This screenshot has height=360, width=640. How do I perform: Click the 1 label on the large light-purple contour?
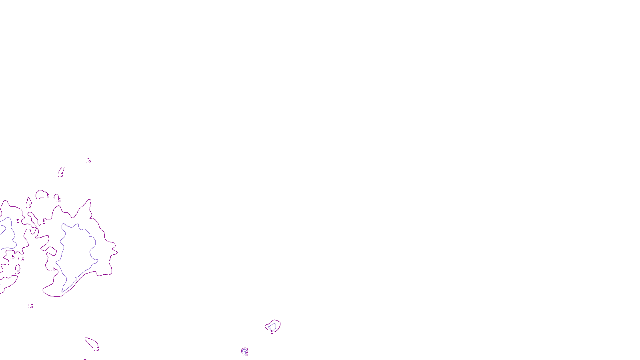coord(76,279)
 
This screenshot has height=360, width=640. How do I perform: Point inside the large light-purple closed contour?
coord(78,252)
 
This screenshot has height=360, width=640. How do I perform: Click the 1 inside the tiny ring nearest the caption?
coord(245,352)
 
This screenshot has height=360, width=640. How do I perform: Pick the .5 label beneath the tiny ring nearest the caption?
coord(246,355)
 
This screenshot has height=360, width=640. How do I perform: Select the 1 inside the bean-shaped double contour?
coord(270,329)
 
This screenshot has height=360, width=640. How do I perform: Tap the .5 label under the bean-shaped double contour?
coord(272,332)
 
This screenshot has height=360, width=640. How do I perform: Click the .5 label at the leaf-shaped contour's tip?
coord(97,349)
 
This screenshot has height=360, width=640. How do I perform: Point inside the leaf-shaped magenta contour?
coord(91,342)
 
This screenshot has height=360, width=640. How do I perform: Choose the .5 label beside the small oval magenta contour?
coord(48,196)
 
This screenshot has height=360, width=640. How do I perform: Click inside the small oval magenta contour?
coord(41,195)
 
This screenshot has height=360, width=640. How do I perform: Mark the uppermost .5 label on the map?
coord(89,161)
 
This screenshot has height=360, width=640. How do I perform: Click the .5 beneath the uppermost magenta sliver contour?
coord(61,175)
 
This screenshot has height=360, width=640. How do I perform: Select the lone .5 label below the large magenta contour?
coord(30,306)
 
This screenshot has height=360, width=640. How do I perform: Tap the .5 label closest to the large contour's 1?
coord(54,269)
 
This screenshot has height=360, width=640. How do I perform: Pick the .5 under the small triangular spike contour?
coord(29,206)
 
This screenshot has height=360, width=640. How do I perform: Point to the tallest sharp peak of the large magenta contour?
coord(90,200)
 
